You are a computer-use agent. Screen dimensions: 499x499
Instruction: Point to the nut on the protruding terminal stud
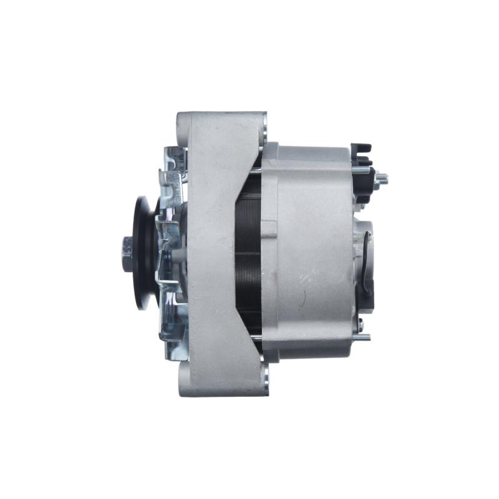[381, 179]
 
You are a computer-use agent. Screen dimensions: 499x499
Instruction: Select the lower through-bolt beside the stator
[256, 339]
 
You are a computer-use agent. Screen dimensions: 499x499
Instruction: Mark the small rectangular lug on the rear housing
[269, 228]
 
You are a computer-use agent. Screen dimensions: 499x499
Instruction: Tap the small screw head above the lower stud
[361, 322]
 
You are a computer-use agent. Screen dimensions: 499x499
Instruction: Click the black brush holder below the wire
[369, 293]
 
